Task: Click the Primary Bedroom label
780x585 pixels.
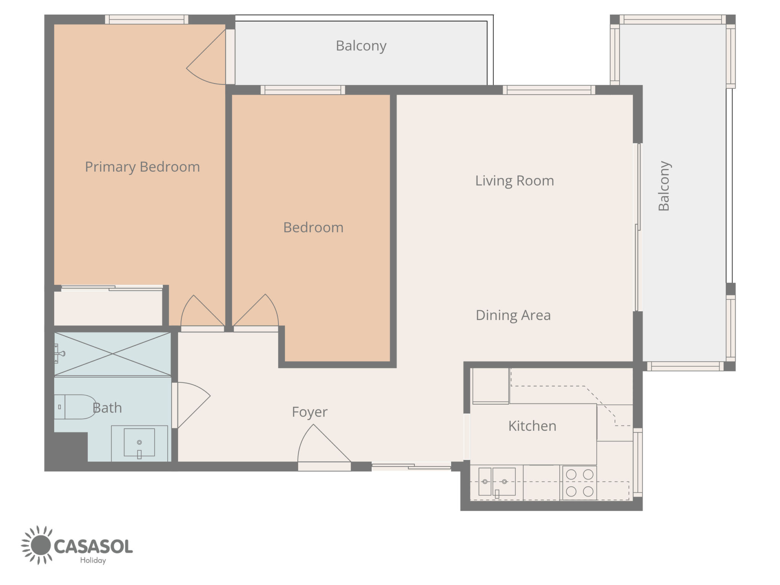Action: click(x=142, y=167)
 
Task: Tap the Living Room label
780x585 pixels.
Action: click(x=515, y=181)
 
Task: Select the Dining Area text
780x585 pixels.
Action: click(x=513, y=315)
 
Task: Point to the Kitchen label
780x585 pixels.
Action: click(x=532, y=426)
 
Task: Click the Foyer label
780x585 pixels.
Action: click(x=310, y=412)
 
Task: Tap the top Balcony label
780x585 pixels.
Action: click(x=361, y=46)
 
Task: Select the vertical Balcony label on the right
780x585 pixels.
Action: click(x=664, y=186)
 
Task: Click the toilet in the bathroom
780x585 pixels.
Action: click(x=75, y=407)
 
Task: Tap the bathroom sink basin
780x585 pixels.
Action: click(x=139, y=443)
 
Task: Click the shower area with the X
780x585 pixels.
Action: click(x=112, y=354)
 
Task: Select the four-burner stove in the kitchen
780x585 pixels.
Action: click(x=580, y=483)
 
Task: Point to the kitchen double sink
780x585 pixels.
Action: click(x=497, y=482)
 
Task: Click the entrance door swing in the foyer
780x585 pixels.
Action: click(x=324, y=444)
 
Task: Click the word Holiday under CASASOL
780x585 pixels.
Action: click(x=93, y=560)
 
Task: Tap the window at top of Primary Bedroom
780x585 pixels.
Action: click(x=147, y=19)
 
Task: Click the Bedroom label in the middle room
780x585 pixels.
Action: click(x=313, y=228)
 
